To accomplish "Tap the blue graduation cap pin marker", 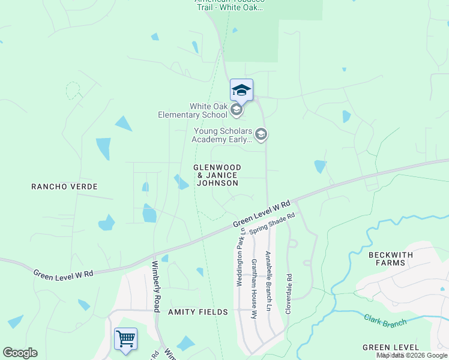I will click(x=241, y=90).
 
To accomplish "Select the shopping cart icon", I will click(x=125, y=339).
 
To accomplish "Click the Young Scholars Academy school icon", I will click(x=261, y=134).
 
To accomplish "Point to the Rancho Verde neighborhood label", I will click(x=64, y=187).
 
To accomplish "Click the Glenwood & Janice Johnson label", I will click(x=217, y=175).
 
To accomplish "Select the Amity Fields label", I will click(x=198, y=312).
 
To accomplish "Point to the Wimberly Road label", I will click(x=155, y=286).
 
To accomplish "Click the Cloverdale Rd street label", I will click(x=289, y=294).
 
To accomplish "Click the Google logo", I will click(x=20, y=353).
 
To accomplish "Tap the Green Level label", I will click(x=391, y=347).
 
